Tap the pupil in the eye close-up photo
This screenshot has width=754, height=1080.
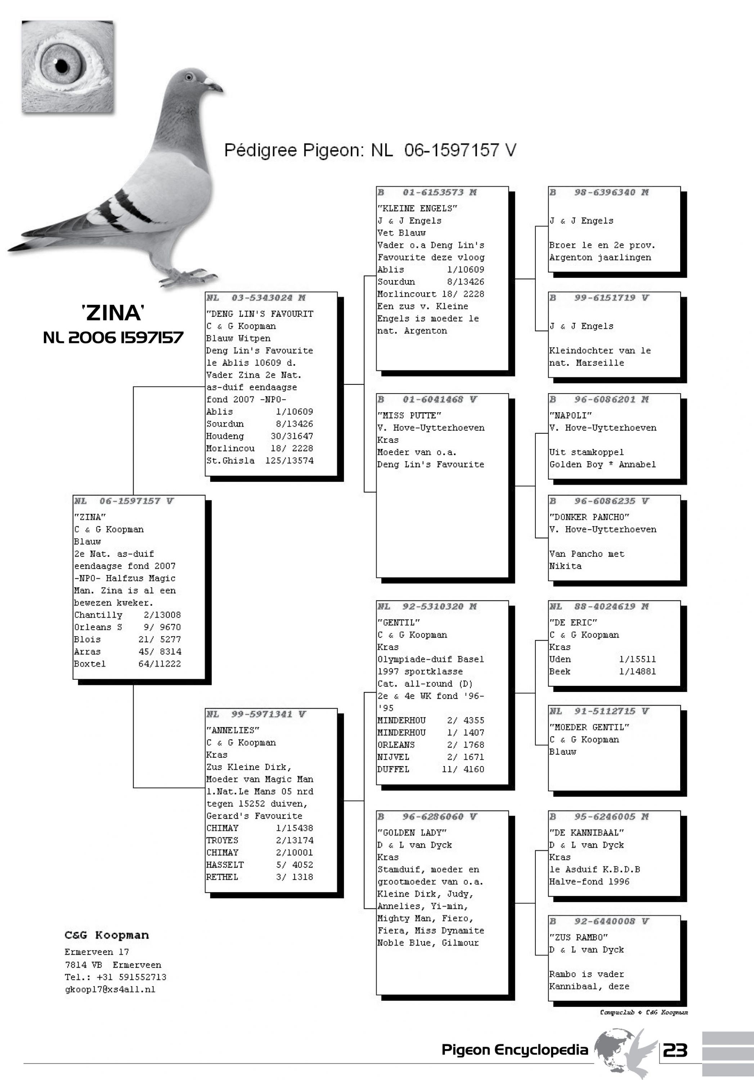[62, 66]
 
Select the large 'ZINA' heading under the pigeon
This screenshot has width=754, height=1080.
[113, 313]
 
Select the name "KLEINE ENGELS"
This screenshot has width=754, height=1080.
[417, 208]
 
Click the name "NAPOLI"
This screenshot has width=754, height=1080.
[571, 415]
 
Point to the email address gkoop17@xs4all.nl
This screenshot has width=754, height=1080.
[110, 989]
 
